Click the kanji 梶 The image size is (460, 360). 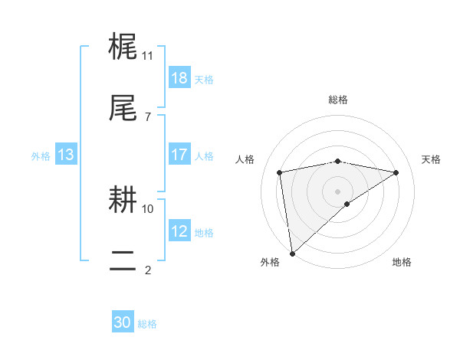[x=123, y=47]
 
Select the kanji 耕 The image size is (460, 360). [x=123, y=201]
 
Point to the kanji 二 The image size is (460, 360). [x=123, y=261]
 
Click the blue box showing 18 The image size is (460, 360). [x=179, y=77]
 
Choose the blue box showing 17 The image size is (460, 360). [x=179, y=155]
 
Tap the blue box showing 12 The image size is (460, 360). [x=179, y=231]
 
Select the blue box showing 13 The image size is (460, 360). [x=66, y=155]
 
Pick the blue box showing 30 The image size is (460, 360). [x=123, y=322]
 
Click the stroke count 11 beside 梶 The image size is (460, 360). [x=148, y=56]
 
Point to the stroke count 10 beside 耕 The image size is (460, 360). [x=148, y=208]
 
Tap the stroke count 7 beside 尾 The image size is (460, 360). [x=148, y=116]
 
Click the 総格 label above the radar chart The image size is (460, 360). [x=338, y=100]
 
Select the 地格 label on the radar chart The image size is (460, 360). [x=402, y=262]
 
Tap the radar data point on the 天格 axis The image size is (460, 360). [x=396, y=172]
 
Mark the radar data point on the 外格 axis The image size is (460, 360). [x=291, y=253]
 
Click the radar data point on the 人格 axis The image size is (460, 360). [x=280, y=172]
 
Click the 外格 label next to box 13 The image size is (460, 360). [x=41, y=155]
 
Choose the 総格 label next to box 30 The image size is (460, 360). [x=148, y=324]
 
